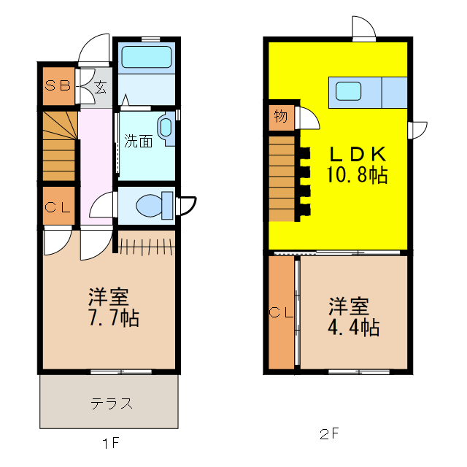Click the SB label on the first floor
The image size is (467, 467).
pos(58,85)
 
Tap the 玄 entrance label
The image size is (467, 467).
pos(99,88)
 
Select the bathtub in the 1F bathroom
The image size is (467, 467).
pos(146,58)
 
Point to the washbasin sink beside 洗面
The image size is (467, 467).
pos(166,129)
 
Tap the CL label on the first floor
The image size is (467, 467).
pos(58,207)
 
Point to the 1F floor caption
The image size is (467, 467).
pos(110,442)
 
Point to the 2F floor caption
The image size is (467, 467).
pos(330,434)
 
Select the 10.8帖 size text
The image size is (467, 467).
pos(356,175)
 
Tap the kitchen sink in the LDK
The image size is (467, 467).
pos(348,91)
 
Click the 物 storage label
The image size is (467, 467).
pos(280,116)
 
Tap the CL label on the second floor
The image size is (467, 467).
pos(281,313)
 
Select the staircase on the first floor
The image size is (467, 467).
pos(58,146)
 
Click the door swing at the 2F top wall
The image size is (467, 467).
pos(363,29)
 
